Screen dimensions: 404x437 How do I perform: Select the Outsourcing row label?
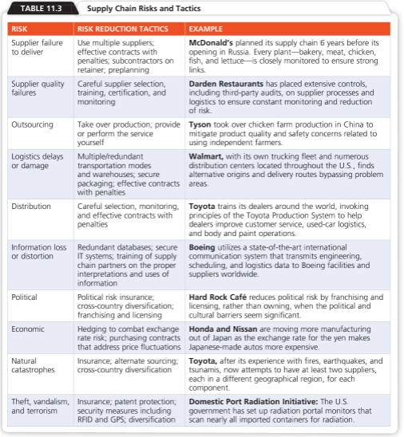click(x=33, y=125)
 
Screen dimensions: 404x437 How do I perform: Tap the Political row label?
click(x=24, y=297)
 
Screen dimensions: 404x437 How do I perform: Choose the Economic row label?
click(x=28, y=329)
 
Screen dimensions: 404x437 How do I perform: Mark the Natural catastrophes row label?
click(x=32, y=366)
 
